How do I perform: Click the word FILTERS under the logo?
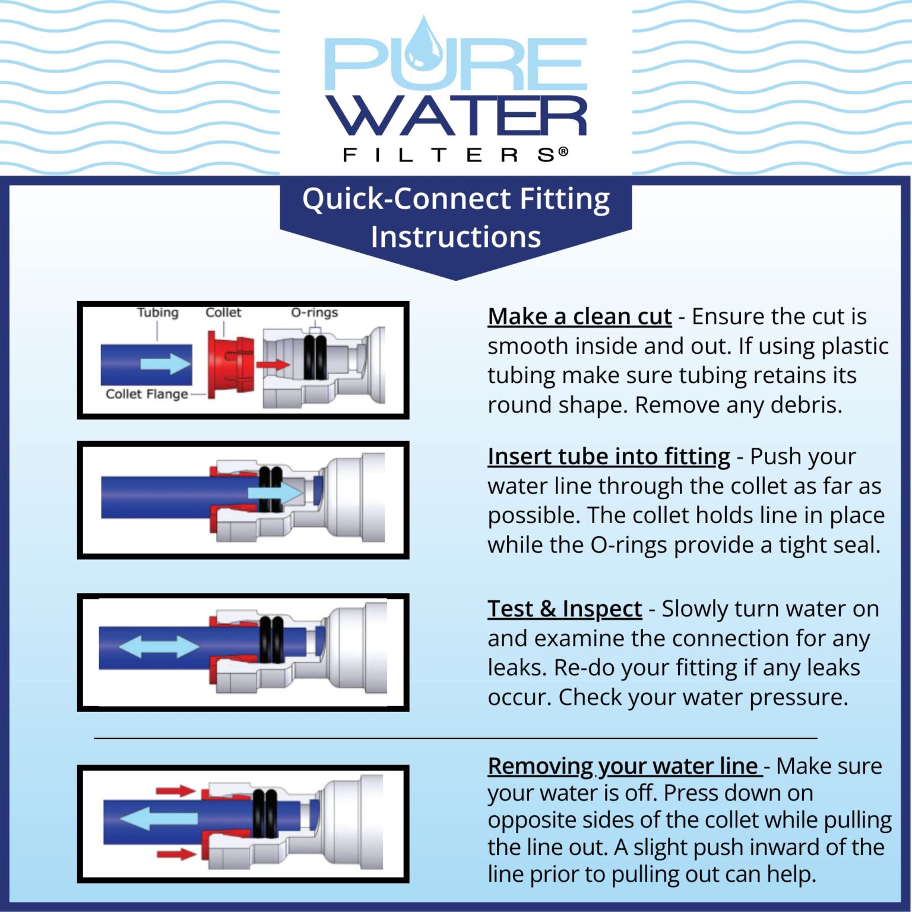click(455, 156)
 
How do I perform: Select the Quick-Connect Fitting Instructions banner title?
click(455, 217)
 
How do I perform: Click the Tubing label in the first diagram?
click(157, 313)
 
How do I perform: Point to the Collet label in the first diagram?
click(223, 313)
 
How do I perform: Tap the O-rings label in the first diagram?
click(314, 313)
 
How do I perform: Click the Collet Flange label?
click(147, 394)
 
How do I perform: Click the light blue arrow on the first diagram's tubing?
click(166, 363)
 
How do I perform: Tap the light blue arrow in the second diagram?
click(275, 493)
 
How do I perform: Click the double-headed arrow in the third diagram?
click(159, 646)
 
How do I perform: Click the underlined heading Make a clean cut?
click(579, 317)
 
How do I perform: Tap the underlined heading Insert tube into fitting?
click(609, 457)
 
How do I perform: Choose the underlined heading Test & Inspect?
click(565, 609)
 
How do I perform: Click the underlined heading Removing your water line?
click(623, 767)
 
